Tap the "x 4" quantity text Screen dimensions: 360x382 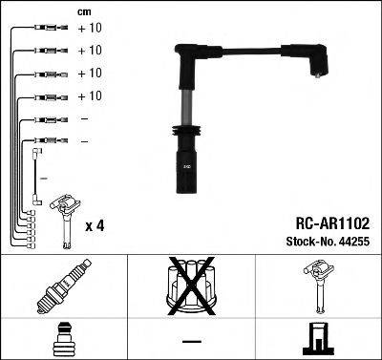(95, 225)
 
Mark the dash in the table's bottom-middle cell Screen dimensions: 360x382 (191, 339)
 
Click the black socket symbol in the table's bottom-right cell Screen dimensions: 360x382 (318, 339)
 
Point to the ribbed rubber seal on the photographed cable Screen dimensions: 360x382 (183, 134)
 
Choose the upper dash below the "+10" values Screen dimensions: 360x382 (85, 119)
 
